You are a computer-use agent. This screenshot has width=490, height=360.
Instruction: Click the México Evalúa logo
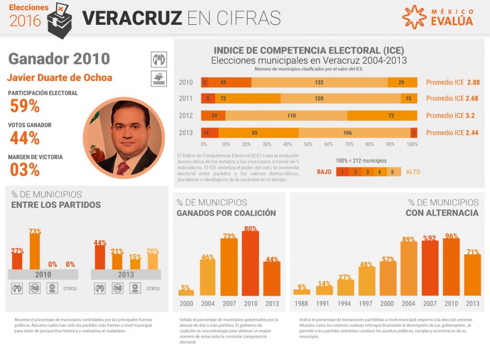coord(437,17)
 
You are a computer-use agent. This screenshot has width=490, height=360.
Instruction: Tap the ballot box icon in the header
coord(60,19)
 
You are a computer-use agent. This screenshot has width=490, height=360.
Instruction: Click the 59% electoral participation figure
coord(25,106)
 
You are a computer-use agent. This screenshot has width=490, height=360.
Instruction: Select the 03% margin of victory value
coord(25,169)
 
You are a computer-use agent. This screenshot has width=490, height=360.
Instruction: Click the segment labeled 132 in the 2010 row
coord(319,82)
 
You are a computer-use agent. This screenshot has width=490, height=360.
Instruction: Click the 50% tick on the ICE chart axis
coord(308,144)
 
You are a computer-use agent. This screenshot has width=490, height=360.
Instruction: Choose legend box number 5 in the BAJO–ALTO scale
coord(392,172)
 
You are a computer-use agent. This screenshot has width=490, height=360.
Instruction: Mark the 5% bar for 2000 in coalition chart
coord(186,292)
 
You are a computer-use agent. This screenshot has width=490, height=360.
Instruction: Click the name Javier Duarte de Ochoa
coord(60,77)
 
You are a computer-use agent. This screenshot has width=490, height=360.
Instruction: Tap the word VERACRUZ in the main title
coord(132,18)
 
